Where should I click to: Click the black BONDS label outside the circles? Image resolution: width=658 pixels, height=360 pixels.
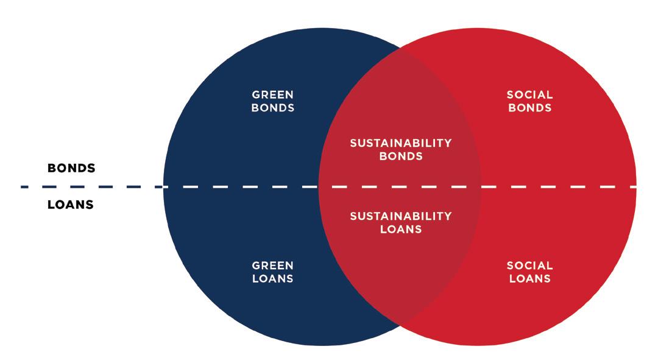click(x=71, y=169)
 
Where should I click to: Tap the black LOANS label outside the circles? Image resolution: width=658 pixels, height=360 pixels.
click(x=71, y=205)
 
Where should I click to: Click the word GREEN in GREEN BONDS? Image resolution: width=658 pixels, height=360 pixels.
click(x=273, y=94)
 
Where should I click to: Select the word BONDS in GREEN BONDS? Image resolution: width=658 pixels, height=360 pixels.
click(x=273, y=108)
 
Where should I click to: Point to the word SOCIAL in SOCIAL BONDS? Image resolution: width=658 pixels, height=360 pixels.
click(x=529, y=94)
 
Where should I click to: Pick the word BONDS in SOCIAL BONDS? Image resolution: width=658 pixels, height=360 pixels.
click(x=529, y=108)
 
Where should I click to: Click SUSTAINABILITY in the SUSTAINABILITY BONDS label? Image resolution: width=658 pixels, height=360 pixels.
click(x=400, y=143)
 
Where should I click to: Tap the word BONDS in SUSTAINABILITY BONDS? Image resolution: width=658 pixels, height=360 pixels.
click(x=400, y=157)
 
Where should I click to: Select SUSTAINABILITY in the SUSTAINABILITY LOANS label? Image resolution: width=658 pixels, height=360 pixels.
click(x=400, y=216)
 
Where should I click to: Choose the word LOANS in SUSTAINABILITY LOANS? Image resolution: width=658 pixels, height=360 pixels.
click(x=400, y=230)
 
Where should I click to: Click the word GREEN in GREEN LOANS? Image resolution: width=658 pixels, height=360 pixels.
click(x=273, y=266)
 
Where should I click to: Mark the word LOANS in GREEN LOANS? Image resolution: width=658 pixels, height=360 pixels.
click(x=273, y=279)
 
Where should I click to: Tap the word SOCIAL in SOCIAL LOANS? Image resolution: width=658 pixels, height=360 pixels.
click(x=529, y=266)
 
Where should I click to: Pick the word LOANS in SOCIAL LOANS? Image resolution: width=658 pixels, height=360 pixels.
click(x=529, y=279)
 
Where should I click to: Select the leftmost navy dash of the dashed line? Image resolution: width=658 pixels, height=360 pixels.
click(x=26, y=186)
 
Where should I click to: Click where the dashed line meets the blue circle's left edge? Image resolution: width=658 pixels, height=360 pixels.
click(x=163, y=186)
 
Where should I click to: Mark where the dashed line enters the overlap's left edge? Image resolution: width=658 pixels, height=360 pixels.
click(x=319, y=186)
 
